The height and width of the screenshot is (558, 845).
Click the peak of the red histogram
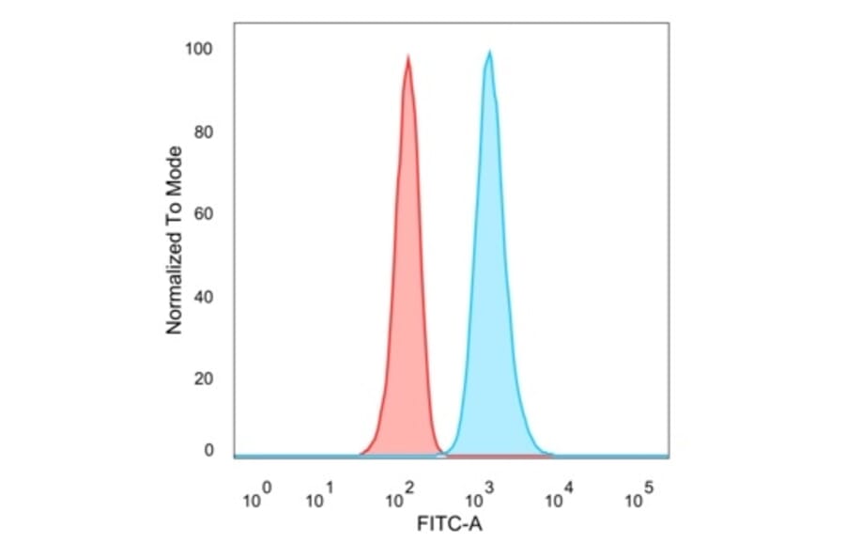click(x=408, y=57)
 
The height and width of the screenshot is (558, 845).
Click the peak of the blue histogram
click(x=489, y=53)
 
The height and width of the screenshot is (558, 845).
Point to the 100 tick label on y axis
click(x=202, y=49)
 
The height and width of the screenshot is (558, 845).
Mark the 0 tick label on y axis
click(x=209, y=451)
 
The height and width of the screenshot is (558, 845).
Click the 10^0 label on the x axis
click(x=256, y=497)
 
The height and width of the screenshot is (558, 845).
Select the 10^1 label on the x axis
click(x=320, y=497)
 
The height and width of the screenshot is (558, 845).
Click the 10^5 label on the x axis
click(x=638, y=497)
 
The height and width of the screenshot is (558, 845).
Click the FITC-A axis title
click(x=449, y=524)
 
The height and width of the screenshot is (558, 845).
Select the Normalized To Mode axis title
click(x=174, y=240)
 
